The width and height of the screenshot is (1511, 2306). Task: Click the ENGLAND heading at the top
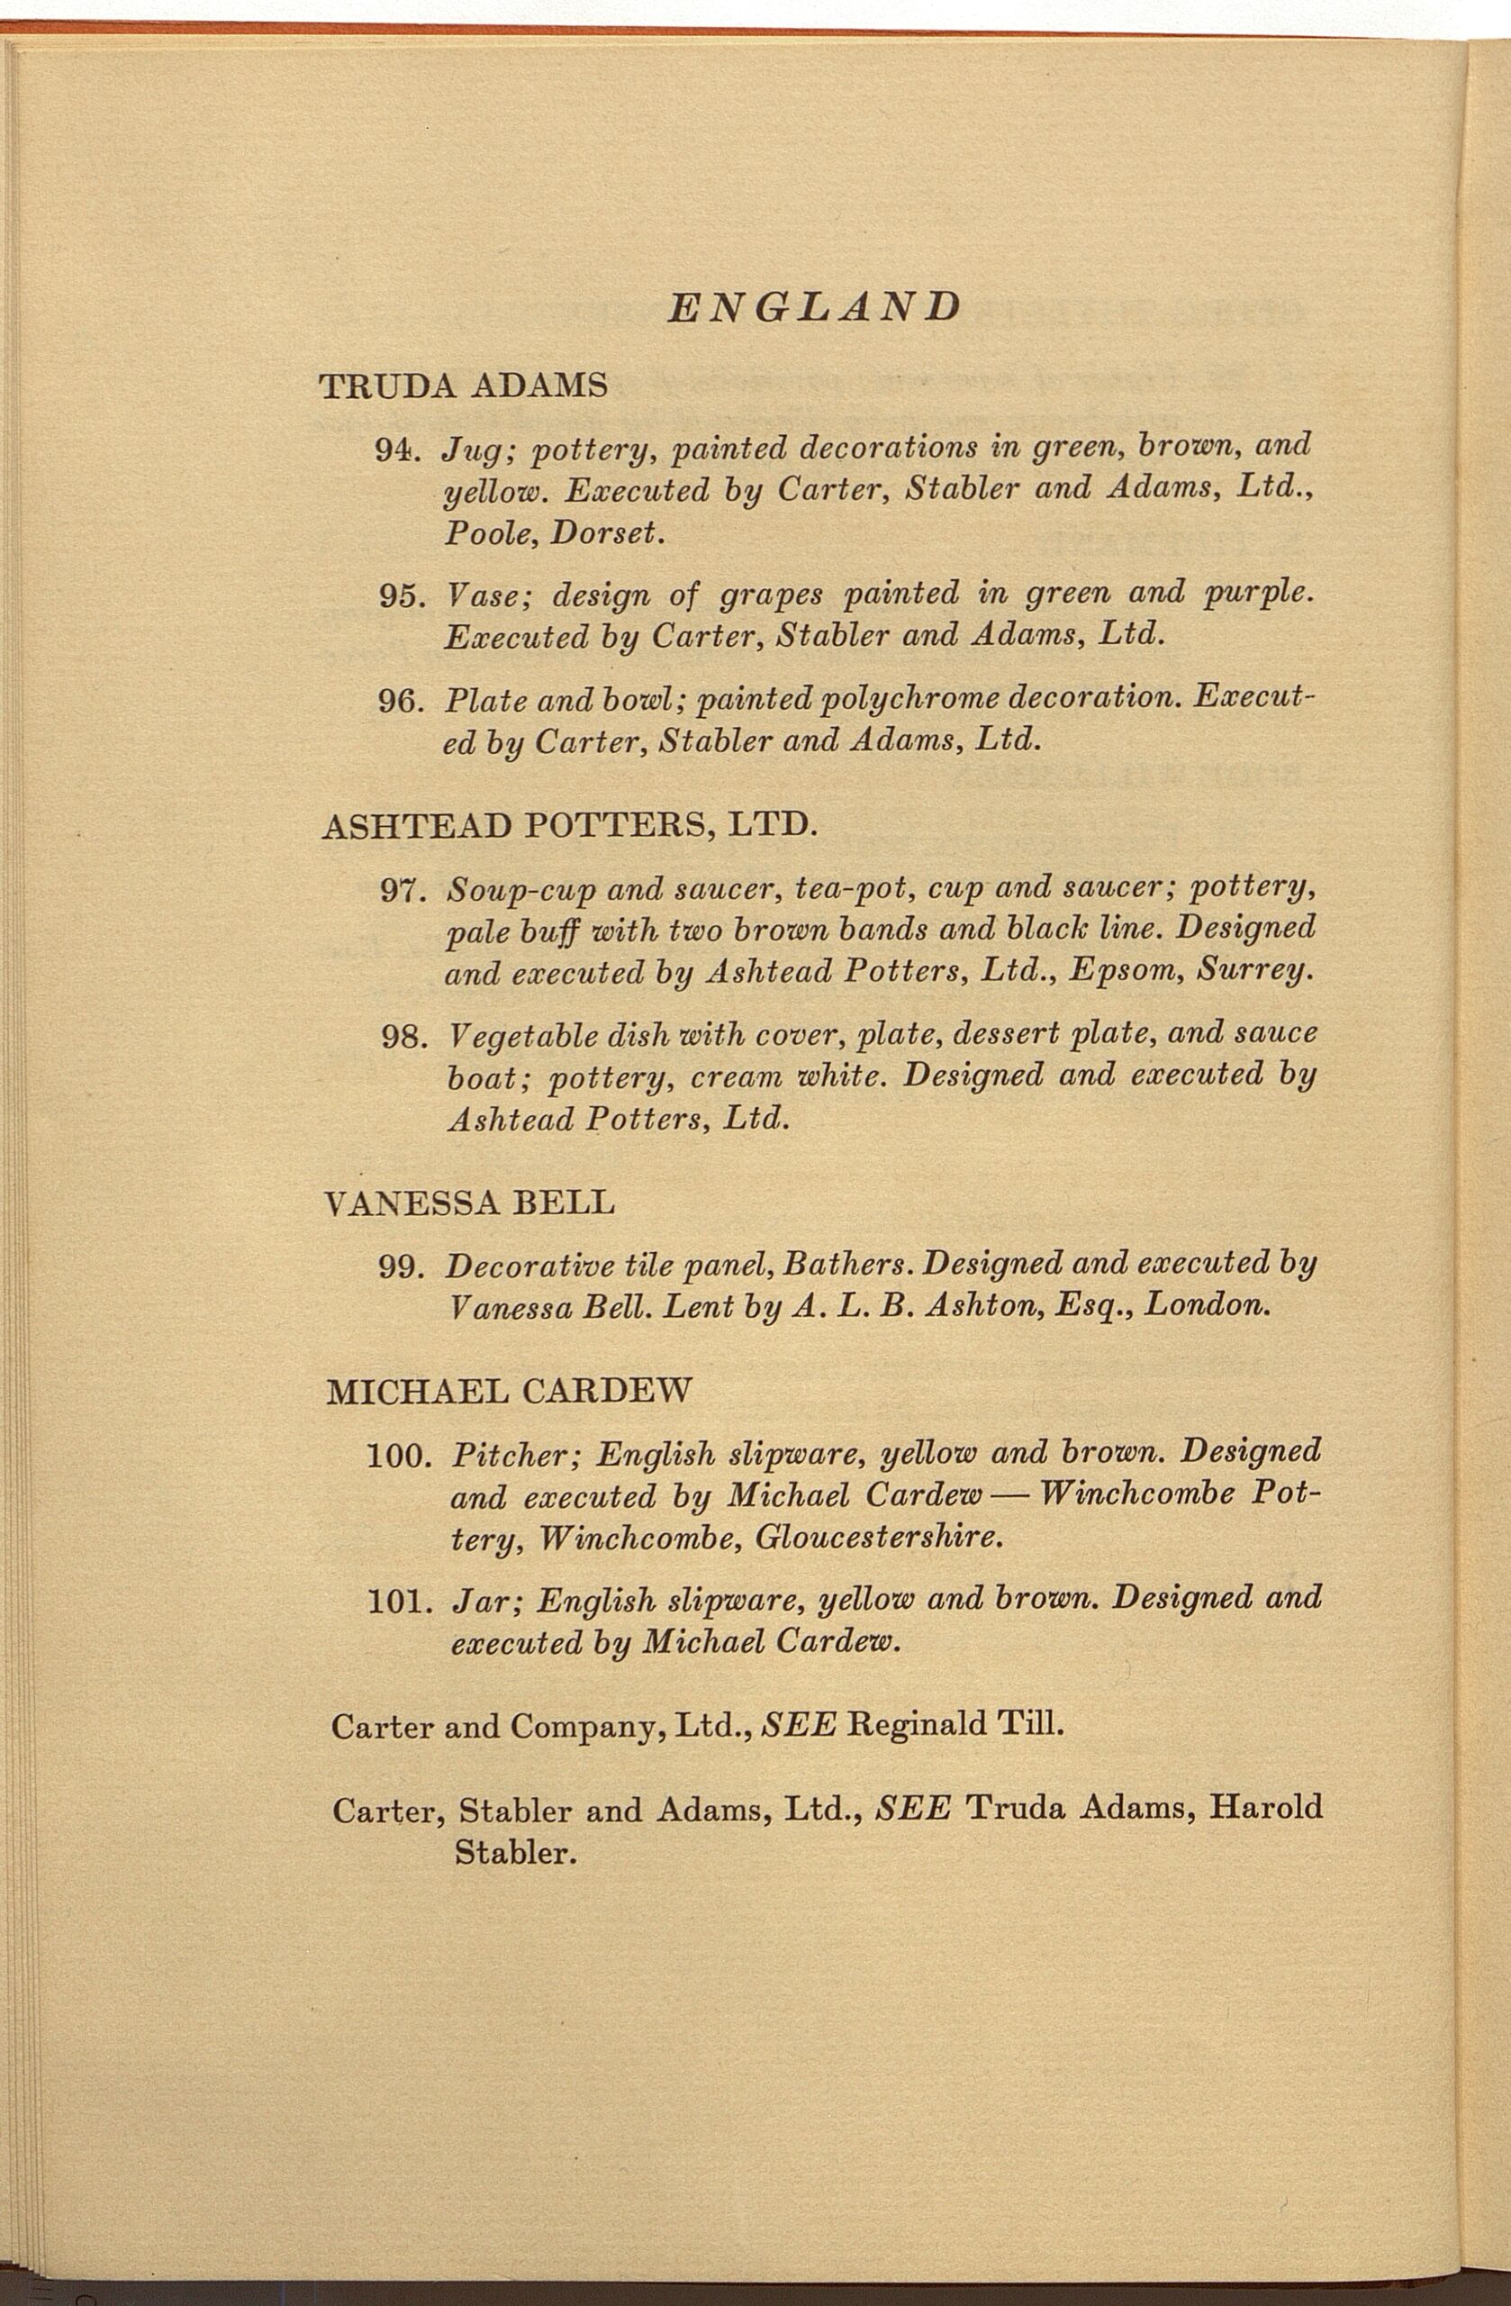814,307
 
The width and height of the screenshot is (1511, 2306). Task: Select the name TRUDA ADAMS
463,386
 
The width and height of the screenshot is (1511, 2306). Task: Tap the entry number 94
395,449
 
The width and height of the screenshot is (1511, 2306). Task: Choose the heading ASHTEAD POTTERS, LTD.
569,827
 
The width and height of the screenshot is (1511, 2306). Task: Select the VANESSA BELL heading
470,1203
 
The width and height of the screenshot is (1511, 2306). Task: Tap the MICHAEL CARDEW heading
510,1393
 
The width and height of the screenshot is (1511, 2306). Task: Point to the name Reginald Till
955,1726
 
